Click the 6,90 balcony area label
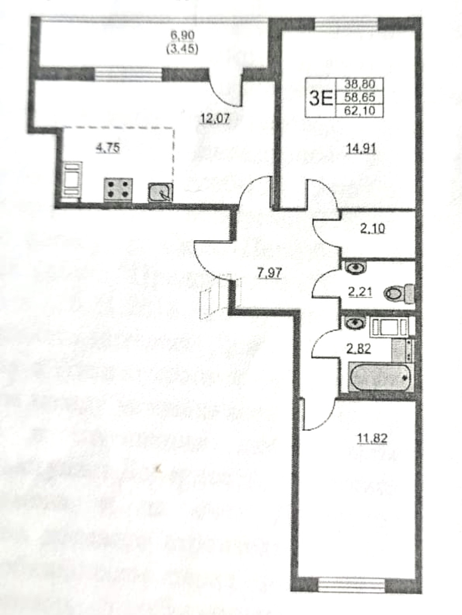[x=182, y=35]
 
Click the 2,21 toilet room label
[x=360, y=292]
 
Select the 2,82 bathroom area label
[x=359, y=349]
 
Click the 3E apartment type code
[x=321, y=98]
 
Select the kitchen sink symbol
[x=161, y=192]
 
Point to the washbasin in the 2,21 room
[x=356, y=267]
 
